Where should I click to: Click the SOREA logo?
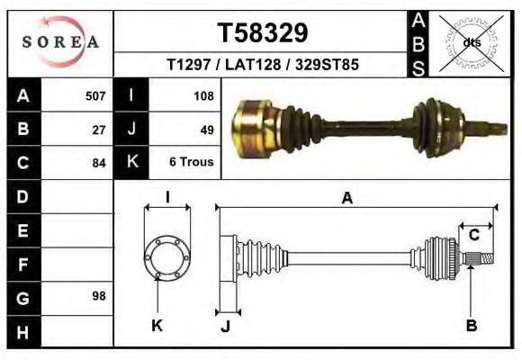coord(59,42)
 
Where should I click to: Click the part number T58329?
coord(263,33)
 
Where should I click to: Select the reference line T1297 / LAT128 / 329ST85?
coord(263,66)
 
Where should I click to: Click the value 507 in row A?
coord(94,95)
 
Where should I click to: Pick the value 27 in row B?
coord(99,129)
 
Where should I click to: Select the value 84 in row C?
coord(99,163)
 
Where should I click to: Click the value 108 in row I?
coord(202,95)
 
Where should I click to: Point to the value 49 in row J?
coord(206,129)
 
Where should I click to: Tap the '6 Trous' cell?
coord(191,163)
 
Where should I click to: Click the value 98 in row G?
coord(99,296)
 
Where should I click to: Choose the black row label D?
coord(23,195)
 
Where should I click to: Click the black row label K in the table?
coord(132,162)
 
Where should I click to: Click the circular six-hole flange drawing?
coord(167,256)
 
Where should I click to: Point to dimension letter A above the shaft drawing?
coord(346,199)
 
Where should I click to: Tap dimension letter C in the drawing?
coord(473,236)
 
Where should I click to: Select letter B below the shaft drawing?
coord(471,325)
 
